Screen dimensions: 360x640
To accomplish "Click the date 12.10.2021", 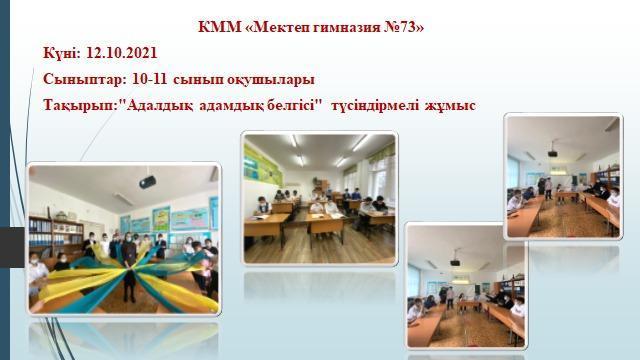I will (123, 52).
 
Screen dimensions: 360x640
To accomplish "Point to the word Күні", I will (61, 52).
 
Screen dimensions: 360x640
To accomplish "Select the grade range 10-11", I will (152, 78).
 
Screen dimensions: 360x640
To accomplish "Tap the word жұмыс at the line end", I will (453, 104).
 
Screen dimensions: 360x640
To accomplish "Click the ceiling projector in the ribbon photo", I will (147, 181).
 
